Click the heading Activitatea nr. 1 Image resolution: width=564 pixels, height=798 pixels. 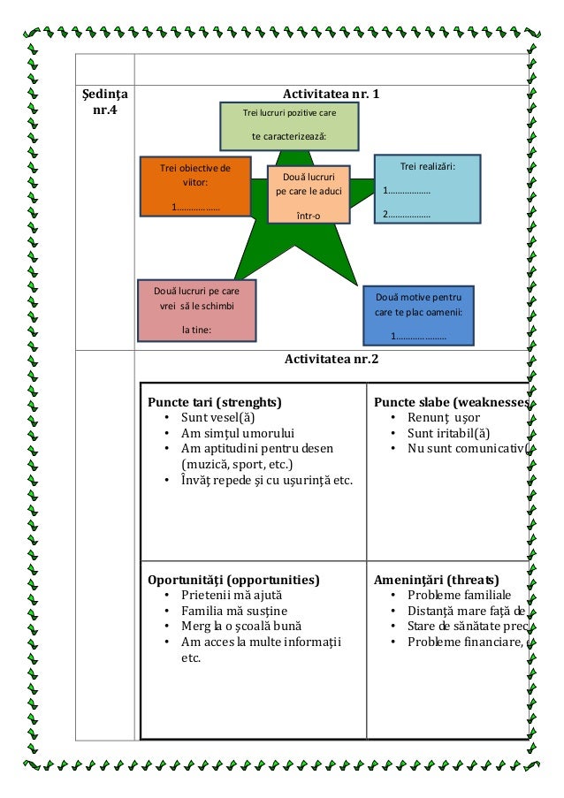[331, 94]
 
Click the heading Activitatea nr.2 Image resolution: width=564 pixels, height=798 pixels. [331, 359]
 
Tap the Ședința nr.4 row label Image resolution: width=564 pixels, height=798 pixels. [104, 103]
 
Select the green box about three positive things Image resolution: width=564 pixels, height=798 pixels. [289, 125]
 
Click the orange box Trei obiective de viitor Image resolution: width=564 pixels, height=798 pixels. [194, 186]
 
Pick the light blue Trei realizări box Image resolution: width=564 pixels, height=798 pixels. [427, 189]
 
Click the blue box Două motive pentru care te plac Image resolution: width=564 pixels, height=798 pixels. [419, 315]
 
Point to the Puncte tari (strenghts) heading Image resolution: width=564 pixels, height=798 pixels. [215, 402]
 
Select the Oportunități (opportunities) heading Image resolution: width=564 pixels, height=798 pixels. [233, 580]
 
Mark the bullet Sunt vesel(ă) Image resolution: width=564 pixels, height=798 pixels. [217, 417]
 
